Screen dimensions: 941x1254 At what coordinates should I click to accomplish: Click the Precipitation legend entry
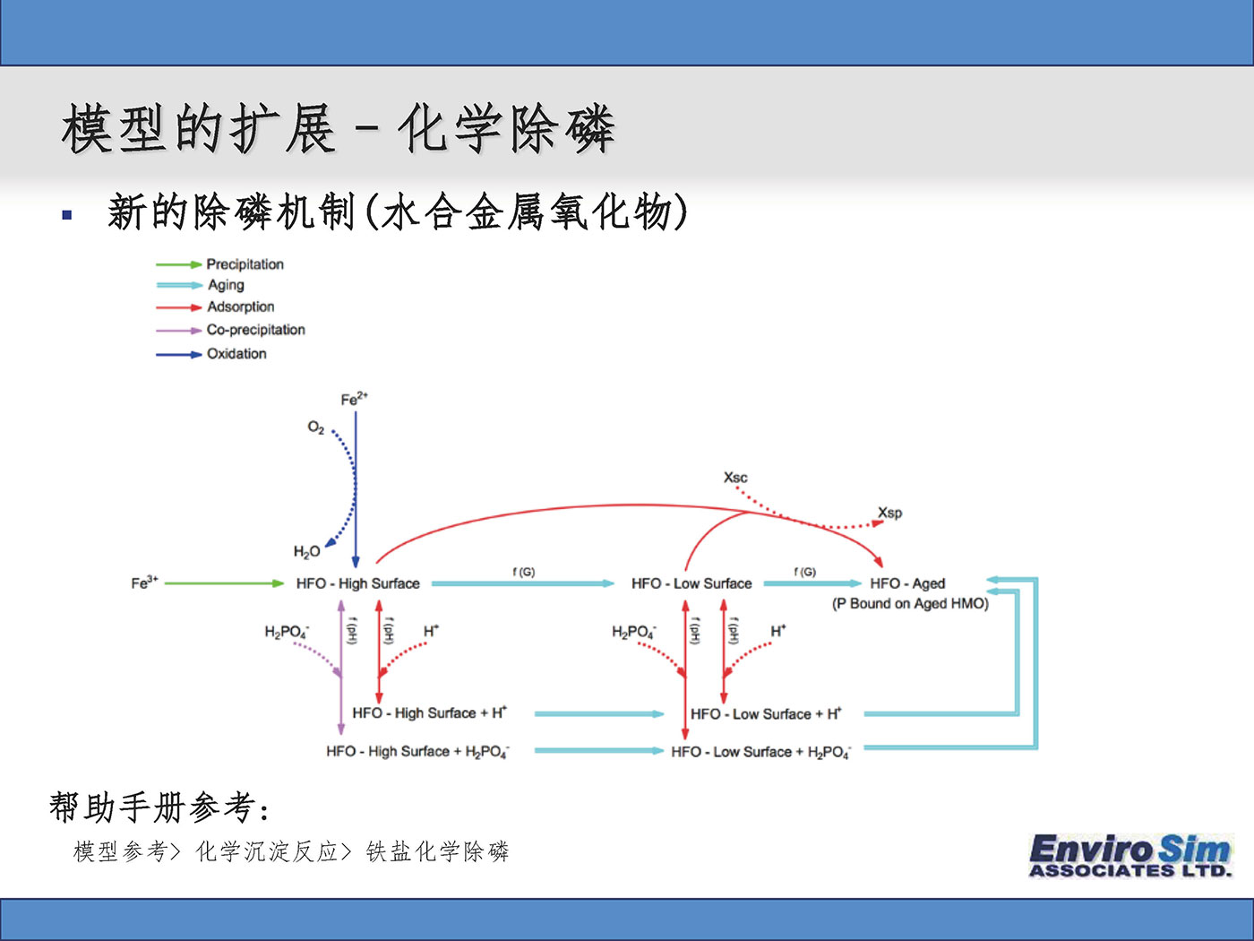point(245,264)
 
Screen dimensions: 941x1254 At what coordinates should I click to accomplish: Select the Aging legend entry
point(226,285)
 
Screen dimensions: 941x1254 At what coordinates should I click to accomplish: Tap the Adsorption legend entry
point(240,306)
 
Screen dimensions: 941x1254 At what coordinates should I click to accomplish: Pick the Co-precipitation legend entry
point(255,330)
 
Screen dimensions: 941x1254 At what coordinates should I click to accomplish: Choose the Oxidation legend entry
point(236,354)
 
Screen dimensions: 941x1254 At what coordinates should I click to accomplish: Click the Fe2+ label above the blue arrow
point(354,400)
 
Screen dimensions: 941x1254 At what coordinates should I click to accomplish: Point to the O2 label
point(315,428)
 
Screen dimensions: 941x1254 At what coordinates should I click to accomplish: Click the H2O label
point(306,552)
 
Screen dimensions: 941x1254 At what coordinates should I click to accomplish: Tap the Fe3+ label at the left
point(144,583)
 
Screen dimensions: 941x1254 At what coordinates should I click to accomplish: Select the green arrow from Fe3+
point(224,583)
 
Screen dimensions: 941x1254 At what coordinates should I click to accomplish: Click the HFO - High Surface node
point(357,583)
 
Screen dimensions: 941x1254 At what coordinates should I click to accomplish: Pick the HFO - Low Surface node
point(691,583)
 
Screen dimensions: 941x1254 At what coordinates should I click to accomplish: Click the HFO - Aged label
point(906,583)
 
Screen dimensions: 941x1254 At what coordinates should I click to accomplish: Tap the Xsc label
point(735,478)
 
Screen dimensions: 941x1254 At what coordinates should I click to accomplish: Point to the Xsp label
point(889,513)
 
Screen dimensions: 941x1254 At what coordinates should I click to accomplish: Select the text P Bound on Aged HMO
point(910,604)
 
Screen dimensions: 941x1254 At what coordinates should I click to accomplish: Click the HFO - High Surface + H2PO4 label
point(417,752)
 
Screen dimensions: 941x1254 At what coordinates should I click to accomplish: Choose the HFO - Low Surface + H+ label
point(766,714)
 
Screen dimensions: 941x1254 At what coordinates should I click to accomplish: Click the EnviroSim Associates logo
point(1130,856)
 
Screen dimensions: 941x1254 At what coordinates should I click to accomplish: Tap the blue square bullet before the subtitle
point(67,215)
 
